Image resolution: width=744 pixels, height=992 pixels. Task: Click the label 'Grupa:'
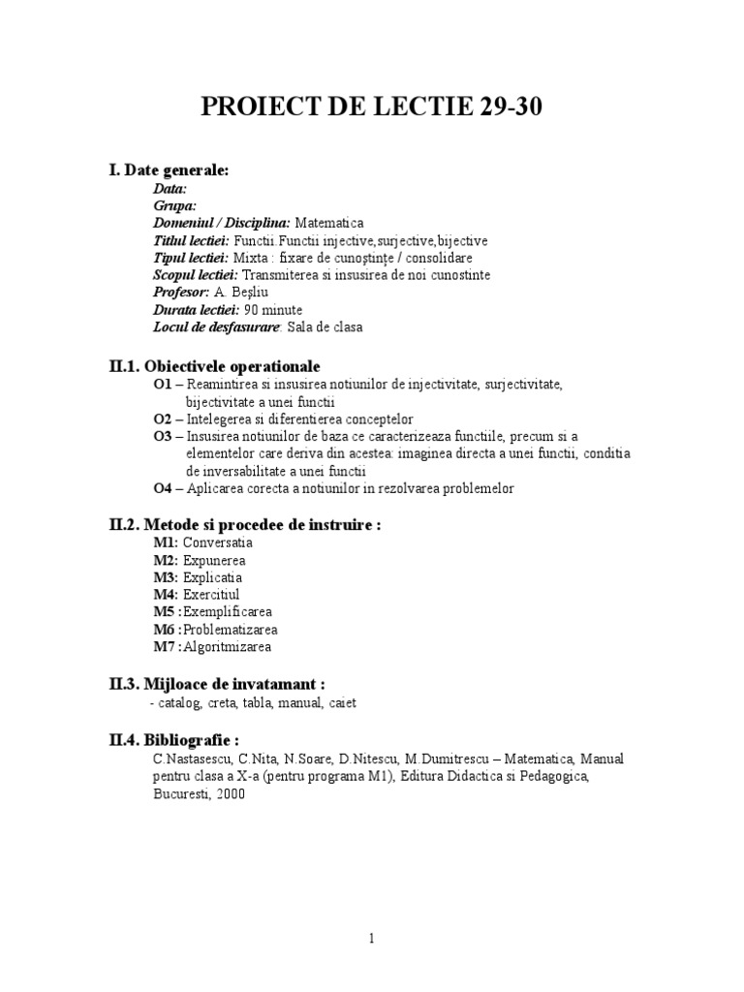pos(175,204)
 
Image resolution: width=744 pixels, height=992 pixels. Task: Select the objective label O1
pos(162,385)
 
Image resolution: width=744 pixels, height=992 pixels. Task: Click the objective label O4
pos(162,488)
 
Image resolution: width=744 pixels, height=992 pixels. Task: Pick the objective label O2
pos(162,419)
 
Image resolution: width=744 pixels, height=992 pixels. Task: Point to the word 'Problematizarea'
pos(232,629)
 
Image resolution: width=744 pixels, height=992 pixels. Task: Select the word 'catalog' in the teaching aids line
pos(181,702)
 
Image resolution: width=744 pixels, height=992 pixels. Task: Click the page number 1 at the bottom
pos(371,938)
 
